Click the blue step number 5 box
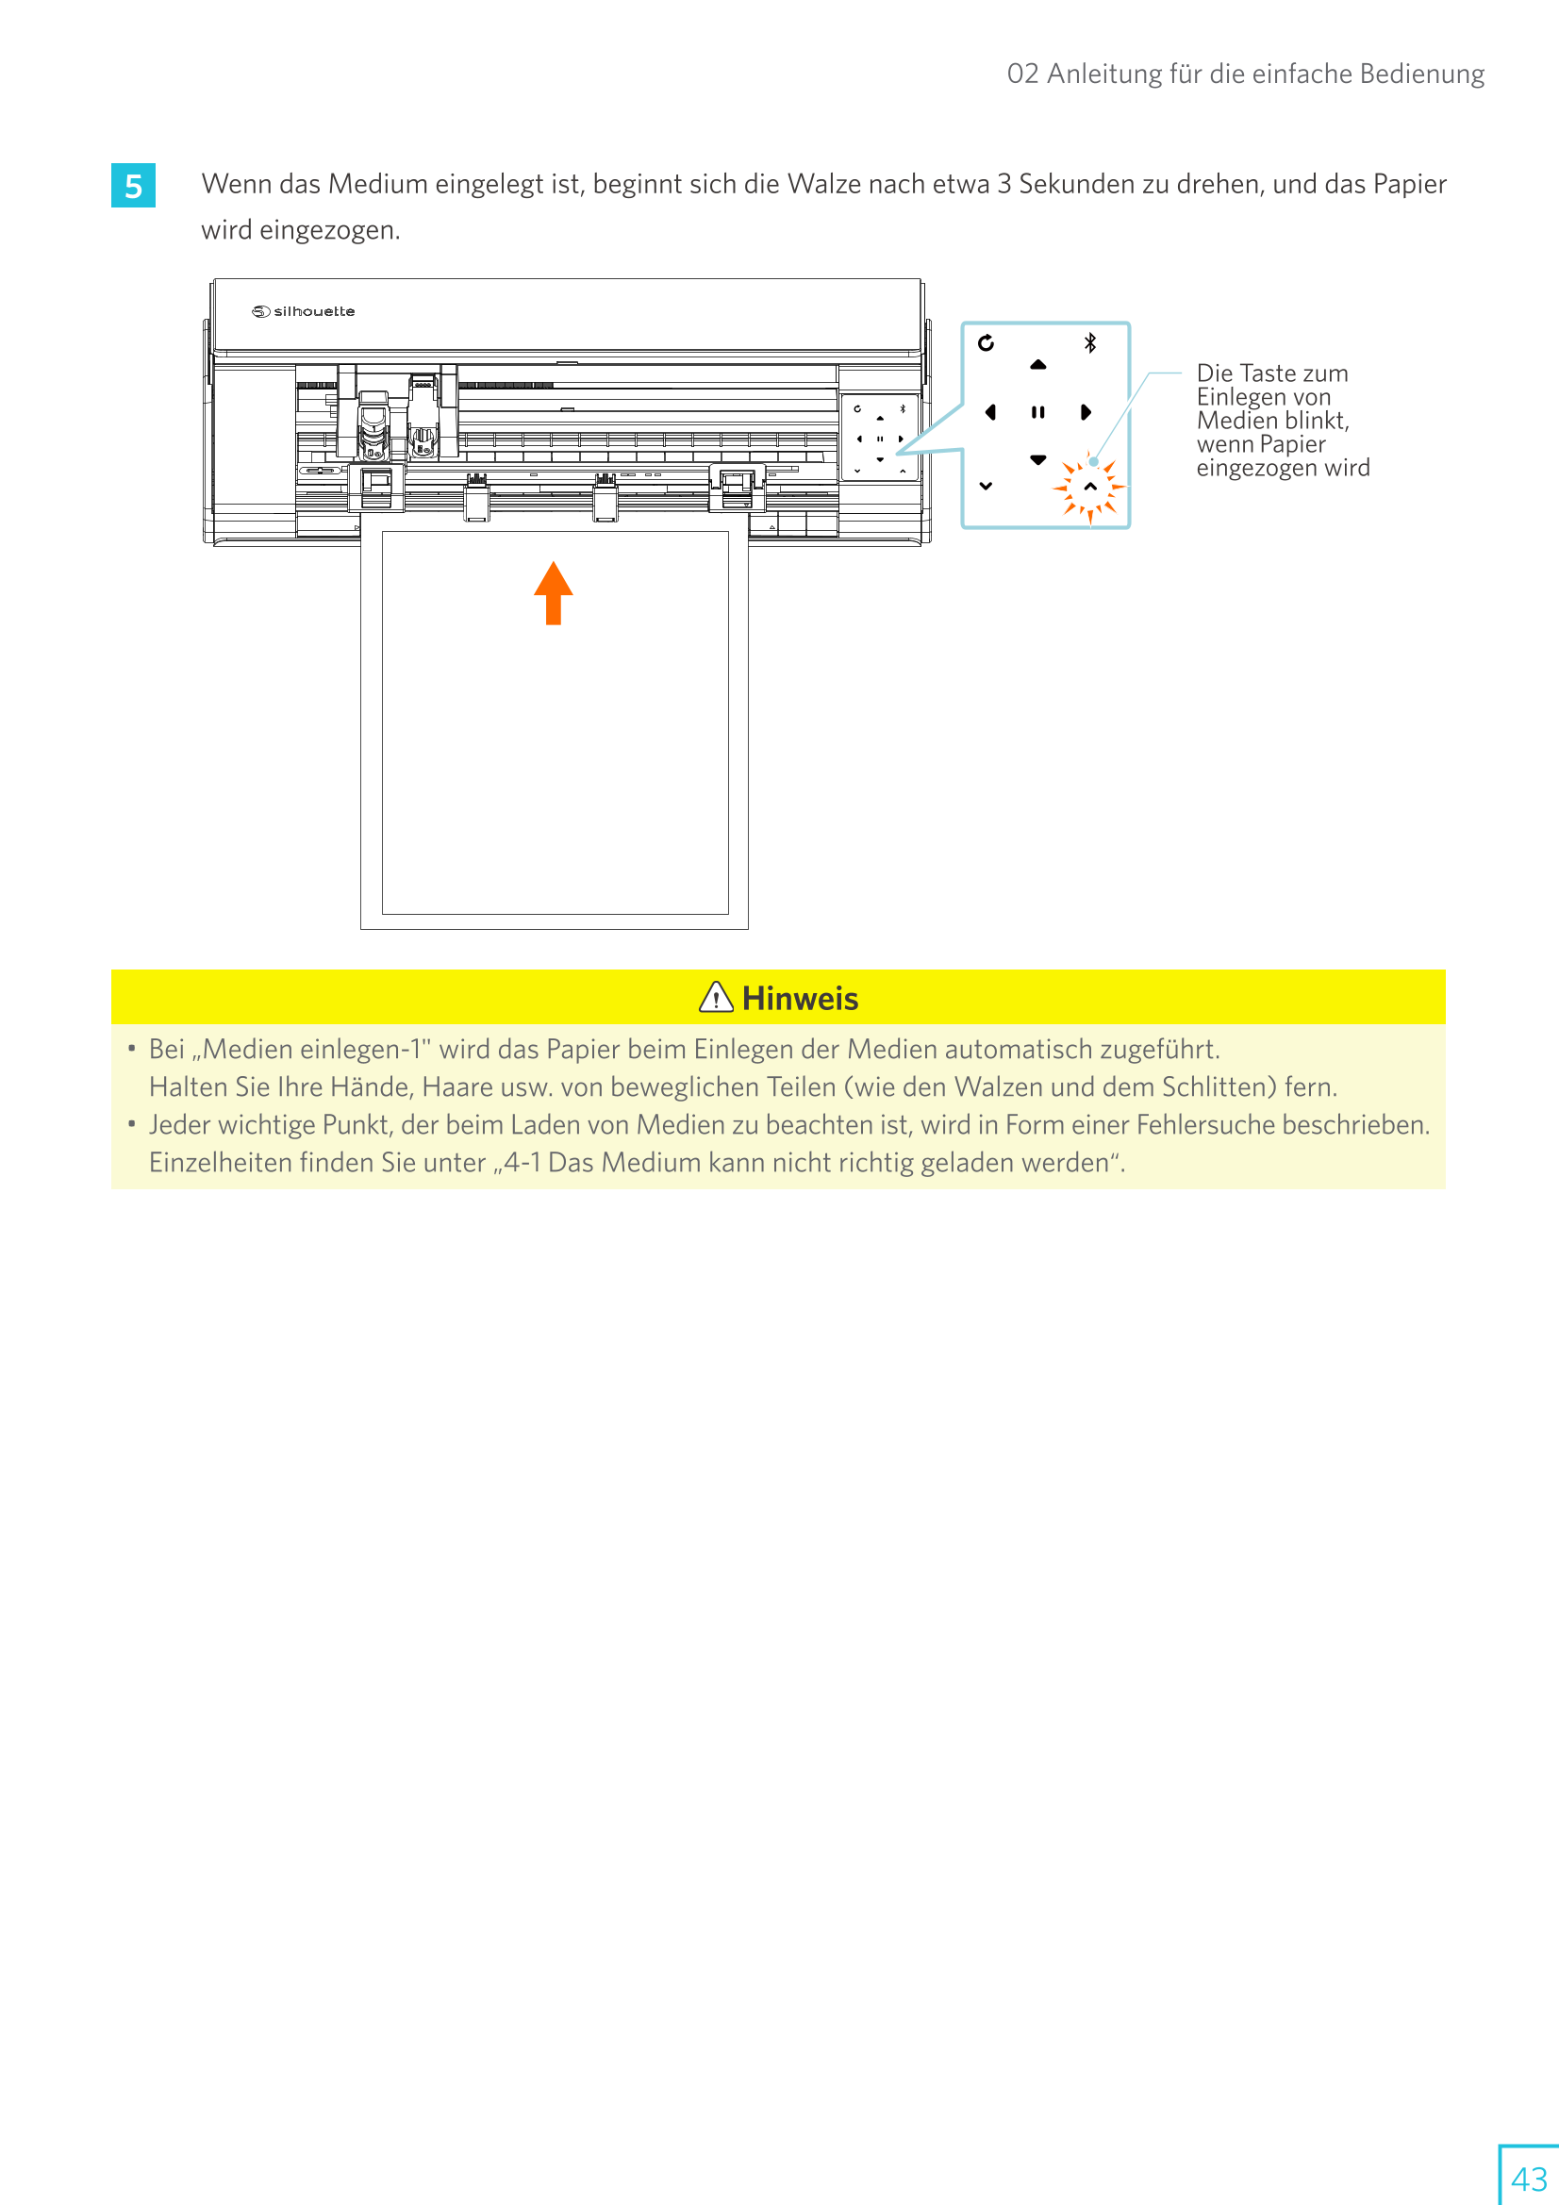[133, 186]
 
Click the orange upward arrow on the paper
[554, 592]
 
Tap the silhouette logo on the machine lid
[304, 311]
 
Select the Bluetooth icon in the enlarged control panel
[1090, 343]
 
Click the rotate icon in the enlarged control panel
[986, 343]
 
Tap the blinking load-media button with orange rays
[1090, 487]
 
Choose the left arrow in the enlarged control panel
[990, 412]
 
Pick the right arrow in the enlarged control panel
[1086, 412]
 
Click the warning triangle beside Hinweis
[716, 998]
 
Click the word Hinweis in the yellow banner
[800, 999]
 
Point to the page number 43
[1528, 2178]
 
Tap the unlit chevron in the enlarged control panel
[986, 486]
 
